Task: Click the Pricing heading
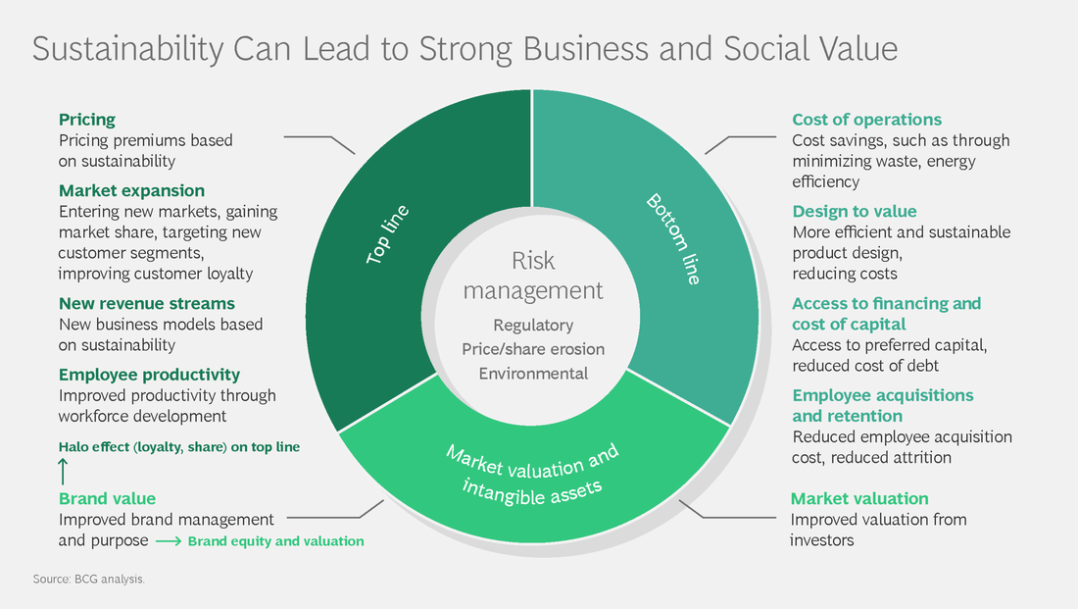pyautogui.click(x=87, y=120)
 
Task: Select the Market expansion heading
pyautogui.click(x=131, y=190)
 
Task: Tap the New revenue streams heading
pyautogui.click(x=147, y=304)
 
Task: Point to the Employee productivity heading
pyautogui.click(x=149, y=375)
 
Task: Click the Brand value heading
pyautogui.click(x=107, y=498)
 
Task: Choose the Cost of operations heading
pyautogui.click(x=866, y=120)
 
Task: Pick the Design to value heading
pyautogui.click(x=855, y=211)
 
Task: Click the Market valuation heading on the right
pyautogui.click(x=859, y=498)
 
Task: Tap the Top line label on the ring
pyautogui.click(x=387, y=234)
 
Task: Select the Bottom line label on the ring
pyautogui.click(x=674, y=238)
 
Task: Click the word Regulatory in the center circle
pyautogui.click(x=532, y=325)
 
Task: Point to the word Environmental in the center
pyautogui.click(x=533, y=373)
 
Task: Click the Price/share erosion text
pyautogui.click(x=533, y=349)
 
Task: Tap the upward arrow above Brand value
pyautogui.click(x=64, y=472)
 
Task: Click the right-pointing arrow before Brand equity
pyautogui.click(x=168, y=540)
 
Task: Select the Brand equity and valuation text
pyautogui.click(x=275, y=540)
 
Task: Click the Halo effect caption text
pyautogui.click(x=179, y=446)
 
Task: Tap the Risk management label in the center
pyautogui.click(x=533, y=276)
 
